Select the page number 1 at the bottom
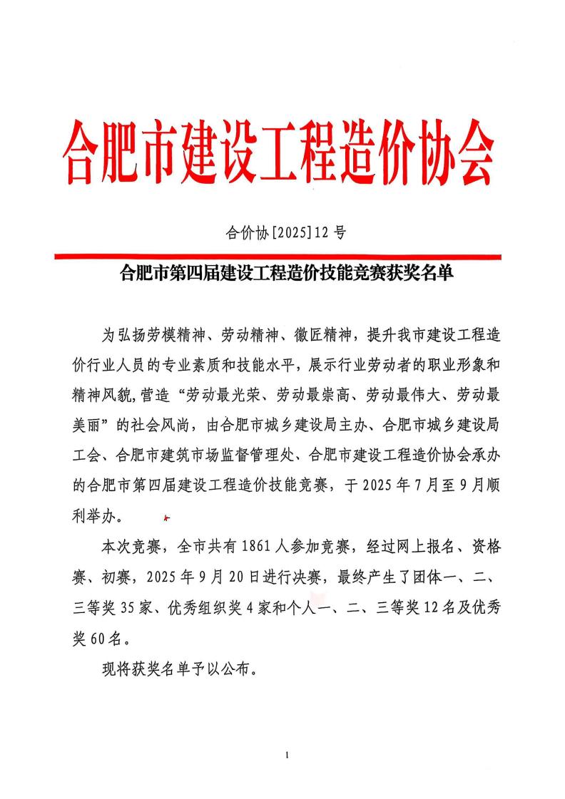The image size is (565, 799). [x=285, y=754]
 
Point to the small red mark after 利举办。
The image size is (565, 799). [x=166, y=518]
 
